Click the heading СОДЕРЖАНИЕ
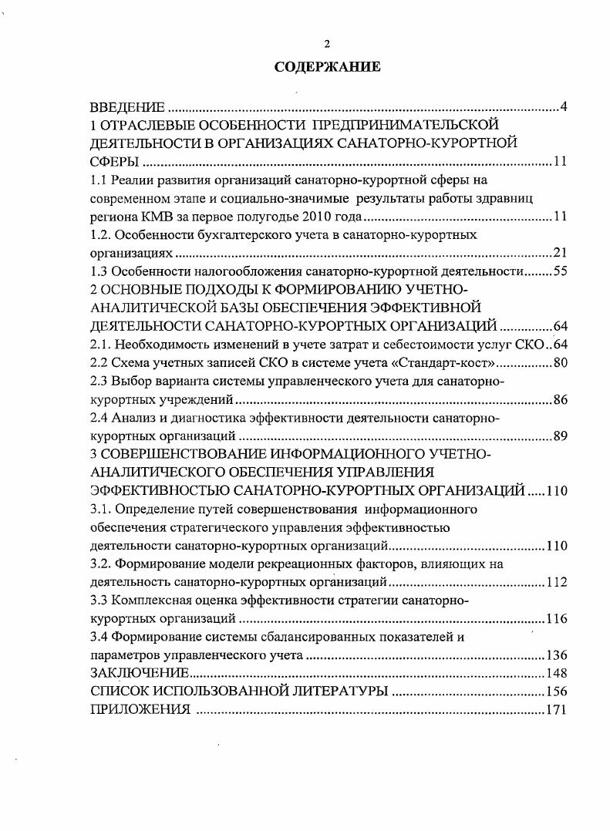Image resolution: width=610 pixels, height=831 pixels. tap(328, 67)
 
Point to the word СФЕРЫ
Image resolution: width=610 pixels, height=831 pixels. tap(115, 162)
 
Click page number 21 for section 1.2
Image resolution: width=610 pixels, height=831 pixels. tap(561, 253)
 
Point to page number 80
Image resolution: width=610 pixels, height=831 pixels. tap(561, 362)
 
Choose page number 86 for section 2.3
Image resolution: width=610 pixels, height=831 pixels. tap(561, 399)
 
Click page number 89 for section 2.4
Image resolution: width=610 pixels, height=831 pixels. tap(561, 436)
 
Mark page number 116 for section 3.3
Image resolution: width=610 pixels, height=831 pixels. tap(556, 619)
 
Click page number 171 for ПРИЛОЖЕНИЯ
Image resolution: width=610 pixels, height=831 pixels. tap(556, 710)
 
